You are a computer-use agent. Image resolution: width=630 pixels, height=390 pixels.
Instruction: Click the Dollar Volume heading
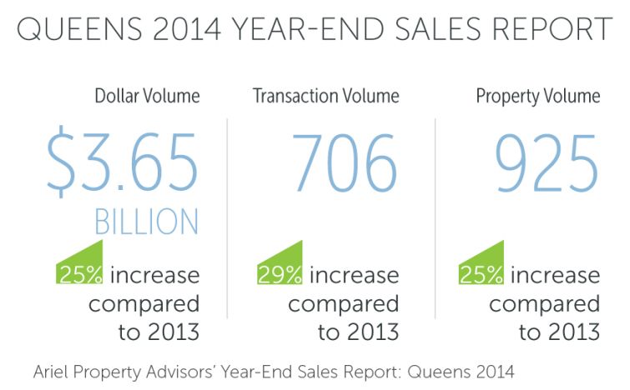147,96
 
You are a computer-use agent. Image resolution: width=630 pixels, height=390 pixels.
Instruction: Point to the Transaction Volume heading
326,96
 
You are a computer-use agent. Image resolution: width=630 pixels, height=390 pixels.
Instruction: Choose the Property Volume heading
537,96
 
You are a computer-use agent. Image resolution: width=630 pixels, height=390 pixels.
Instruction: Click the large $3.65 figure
123,162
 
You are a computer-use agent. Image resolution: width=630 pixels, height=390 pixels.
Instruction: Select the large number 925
547,162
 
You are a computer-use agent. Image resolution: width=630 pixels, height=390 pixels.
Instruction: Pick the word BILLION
147,222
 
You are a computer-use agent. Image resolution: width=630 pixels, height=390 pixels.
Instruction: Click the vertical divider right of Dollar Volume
227,217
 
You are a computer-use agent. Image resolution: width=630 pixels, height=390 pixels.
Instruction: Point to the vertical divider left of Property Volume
435,217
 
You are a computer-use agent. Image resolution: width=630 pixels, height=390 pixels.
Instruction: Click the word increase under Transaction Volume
355,274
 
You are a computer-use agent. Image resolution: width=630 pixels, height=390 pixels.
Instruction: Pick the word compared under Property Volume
544,303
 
